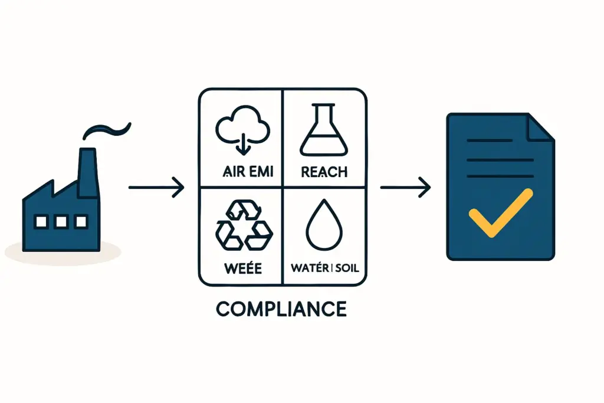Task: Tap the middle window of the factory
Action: click(x=60, y=222)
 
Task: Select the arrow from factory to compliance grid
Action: click(x=156, y=188)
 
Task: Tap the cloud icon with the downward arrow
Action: click(x=242, y=130)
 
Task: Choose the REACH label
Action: click(x=324, y=172)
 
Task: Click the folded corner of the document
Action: click(x=542, y=127)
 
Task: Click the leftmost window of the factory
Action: click(x=41, y=222)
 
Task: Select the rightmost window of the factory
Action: click(x=79, y=222)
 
